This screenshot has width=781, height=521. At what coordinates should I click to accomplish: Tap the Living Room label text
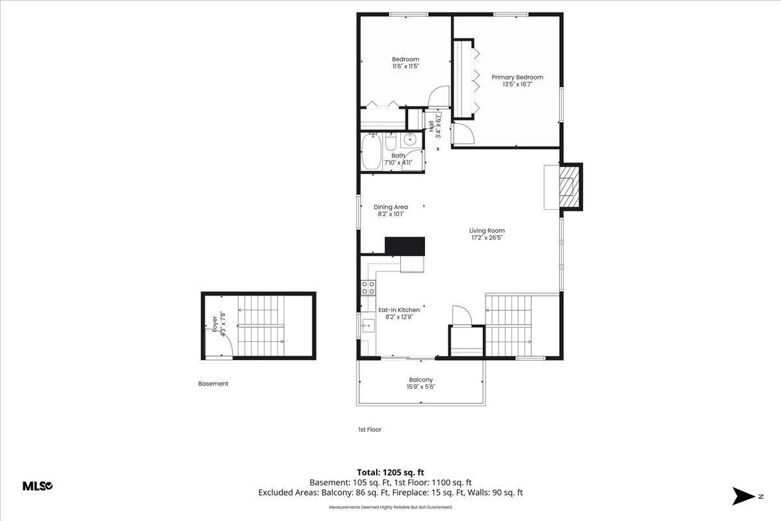point(487,231)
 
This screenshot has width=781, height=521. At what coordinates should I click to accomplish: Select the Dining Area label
point(390,207)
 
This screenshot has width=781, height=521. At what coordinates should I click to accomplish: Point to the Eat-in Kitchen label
point(399,310)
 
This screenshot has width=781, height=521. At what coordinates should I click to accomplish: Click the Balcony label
point(420,380)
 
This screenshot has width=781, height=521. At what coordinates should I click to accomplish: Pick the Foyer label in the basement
point(214,324)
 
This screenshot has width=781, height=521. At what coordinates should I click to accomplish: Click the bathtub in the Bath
point(372,152)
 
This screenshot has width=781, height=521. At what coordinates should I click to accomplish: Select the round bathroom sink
point(411,139)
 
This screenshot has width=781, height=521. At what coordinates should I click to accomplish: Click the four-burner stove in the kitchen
point(368,288)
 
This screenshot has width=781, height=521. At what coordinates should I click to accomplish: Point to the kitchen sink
point(368,324)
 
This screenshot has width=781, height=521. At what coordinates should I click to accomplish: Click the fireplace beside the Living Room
point(569,187)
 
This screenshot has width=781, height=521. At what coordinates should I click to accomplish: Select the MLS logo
point(38,486)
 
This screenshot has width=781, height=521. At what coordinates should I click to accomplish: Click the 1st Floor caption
point(369,430)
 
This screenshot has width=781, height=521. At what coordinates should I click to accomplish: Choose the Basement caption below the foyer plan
point(213,384)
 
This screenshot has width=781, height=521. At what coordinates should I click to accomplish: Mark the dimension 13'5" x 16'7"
point(517,84)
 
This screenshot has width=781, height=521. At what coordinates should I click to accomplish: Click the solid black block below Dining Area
point(405,246)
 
